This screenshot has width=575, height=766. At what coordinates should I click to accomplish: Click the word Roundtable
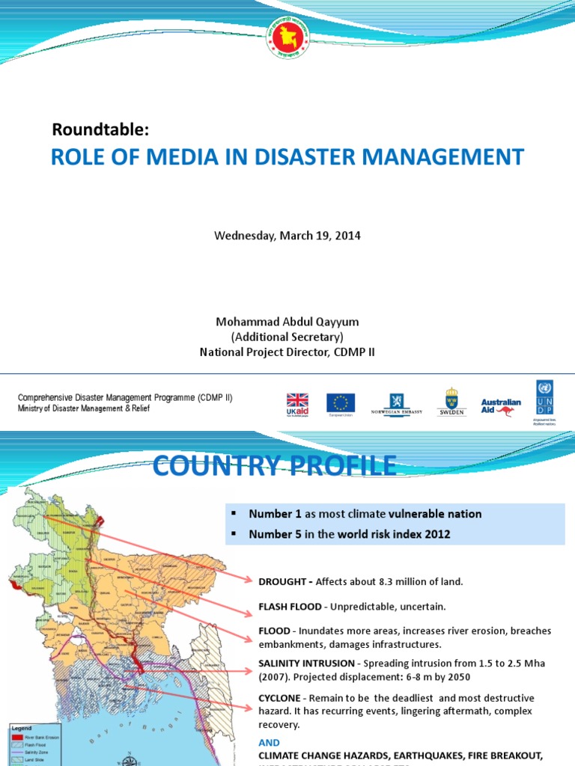(x=100, y=129)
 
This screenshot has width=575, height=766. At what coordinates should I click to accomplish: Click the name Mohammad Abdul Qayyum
(x=287, y=322)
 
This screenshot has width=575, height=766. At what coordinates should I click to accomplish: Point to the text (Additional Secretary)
(x=287, y=337)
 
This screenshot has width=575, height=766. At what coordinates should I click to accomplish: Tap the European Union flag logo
(x=341, y=405)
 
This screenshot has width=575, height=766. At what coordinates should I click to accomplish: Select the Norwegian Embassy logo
(x=397, y=404)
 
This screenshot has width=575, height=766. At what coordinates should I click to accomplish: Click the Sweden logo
(x=451, y=402)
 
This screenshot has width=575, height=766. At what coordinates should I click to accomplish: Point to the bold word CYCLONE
(x=281, y=698)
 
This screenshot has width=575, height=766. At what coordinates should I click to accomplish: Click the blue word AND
(x=269, y=743)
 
